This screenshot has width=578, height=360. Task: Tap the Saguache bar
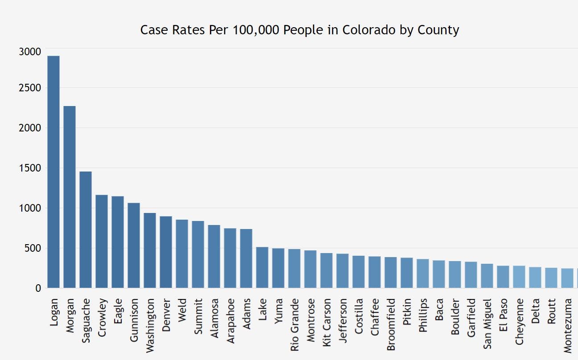(86, 229)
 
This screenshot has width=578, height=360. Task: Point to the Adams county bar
(246, 258)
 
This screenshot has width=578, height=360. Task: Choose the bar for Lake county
(262, 267)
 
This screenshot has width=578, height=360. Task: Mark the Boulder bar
(455, 274)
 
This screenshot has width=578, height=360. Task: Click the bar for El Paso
(503, 277)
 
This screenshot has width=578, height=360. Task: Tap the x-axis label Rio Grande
(294, 325)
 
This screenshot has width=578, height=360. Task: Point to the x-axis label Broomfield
(391, 325)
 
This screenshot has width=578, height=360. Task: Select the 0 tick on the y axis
(38, 288)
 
